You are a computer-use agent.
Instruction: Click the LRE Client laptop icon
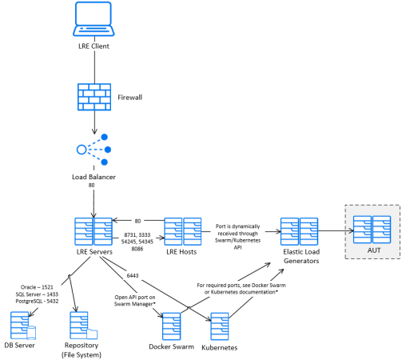click(94, 19)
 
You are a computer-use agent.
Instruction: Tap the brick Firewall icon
click(94, 97)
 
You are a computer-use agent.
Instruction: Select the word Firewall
click(129, 98)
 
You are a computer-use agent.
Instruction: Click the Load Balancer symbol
click(94, 150)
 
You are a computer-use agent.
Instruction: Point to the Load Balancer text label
click(94, 177)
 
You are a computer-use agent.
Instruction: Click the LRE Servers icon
click(94, 231)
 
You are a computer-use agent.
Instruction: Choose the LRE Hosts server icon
click(183, 231)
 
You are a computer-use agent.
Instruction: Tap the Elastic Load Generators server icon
click(299, 231)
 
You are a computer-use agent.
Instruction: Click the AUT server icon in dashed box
click(372, 230)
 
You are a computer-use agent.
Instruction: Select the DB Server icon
click(23, 326)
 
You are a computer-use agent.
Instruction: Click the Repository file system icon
click(83, 326)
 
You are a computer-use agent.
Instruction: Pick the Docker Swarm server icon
click(171, 326)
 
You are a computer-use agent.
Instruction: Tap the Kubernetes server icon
click(220, 326)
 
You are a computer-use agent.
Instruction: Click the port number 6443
click(133, 275)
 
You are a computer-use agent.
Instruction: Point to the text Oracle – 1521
click(37, 287)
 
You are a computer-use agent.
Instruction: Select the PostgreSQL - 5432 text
click(37, 301)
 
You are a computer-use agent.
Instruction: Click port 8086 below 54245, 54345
click(137, 249)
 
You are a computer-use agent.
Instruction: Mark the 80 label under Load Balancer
click(91, 185)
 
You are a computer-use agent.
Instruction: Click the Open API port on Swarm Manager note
click(135, 301)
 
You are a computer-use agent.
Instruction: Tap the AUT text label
click(374, 250)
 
